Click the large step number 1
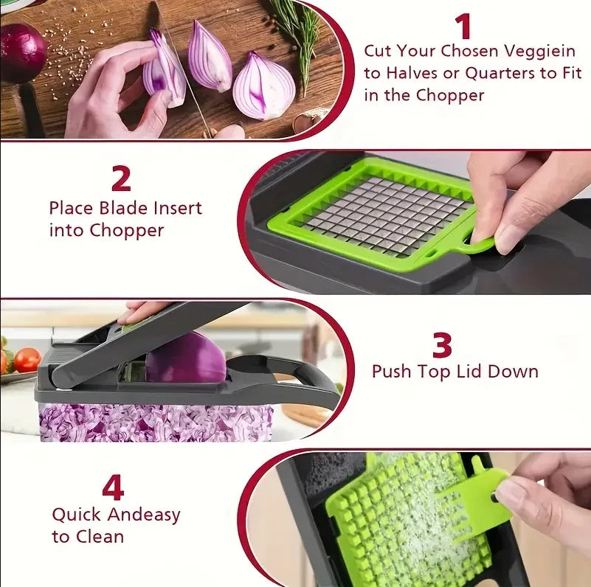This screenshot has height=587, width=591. coord(463,27)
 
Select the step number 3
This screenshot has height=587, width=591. coord(442,344)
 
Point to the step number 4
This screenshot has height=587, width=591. coord(113,487)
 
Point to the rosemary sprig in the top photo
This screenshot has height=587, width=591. coord(300,33)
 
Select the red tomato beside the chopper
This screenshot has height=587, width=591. coord(27,359)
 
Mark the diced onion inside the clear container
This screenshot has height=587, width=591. coord(155,423)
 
